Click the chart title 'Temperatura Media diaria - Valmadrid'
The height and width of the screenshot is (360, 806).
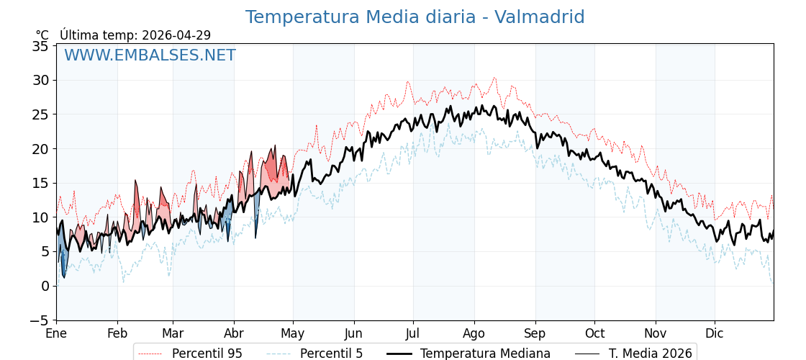click(415, 17)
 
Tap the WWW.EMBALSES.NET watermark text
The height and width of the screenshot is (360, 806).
click(150, 55)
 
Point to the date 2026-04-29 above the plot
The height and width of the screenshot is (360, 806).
click(176, 35)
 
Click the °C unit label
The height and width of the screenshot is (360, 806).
click(42, 35)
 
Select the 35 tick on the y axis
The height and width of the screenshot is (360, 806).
click(42, 46)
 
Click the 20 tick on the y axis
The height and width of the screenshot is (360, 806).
click(42, 149)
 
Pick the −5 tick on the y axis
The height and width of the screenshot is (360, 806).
click(39, 320)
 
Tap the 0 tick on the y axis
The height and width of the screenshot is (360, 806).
click(45, 286)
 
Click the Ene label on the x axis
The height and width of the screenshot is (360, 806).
click(56, 334)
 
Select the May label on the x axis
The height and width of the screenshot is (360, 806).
click(293, 334)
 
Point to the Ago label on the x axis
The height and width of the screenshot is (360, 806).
click(474, 334)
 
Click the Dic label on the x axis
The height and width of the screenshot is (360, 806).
click(715, 334)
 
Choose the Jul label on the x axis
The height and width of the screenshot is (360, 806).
click(413, 334)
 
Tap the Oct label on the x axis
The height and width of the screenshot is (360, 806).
click(594, 334)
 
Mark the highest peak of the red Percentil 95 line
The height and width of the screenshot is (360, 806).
click(494, 78)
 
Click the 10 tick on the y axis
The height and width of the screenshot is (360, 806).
click(42, 217)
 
